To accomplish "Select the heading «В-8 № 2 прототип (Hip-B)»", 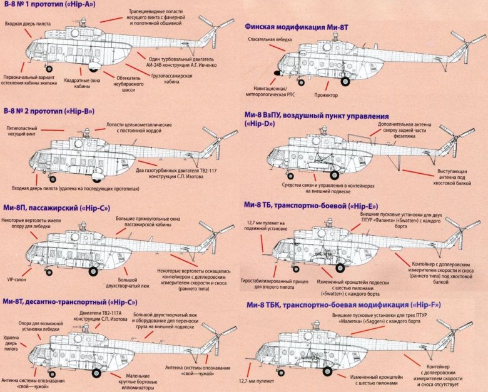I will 49,111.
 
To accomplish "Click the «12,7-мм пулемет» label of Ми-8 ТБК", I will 255,379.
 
